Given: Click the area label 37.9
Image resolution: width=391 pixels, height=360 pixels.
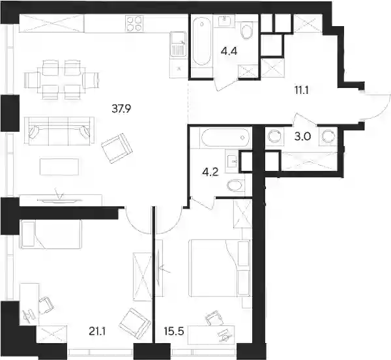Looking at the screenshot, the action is click(121, 108).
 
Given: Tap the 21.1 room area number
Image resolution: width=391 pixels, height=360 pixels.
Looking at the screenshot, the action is click(97, 331).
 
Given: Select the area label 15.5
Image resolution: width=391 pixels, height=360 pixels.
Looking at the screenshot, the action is click(174, 331).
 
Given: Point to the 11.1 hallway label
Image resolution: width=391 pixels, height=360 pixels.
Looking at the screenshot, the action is click(302, 90).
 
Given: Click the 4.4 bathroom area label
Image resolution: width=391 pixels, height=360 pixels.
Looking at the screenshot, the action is click(229, 52).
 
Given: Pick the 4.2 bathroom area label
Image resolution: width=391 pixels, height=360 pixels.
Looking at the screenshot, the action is click(210, 172).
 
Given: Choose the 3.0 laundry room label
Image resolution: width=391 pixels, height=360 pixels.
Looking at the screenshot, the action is click(302, 136).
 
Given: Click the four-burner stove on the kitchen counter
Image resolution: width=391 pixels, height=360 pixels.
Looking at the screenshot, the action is click(135, 23).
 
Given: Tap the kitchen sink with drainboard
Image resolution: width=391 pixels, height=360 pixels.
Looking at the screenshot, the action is click(179, 44).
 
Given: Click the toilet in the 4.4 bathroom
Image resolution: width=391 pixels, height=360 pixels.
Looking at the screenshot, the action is click(246, 31).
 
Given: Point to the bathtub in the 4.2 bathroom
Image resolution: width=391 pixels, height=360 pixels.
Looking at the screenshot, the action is click(225, 138).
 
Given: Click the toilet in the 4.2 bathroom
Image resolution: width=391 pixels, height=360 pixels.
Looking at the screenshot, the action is click(236, 185).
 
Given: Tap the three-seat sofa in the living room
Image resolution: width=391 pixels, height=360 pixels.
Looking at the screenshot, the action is click(59, 130).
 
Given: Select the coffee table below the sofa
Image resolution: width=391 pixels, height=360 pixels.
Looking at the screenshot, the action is click(59, 167).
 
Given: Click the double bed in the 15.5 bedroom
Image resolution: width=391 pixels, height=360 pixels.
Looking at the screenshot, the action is click(220, 268).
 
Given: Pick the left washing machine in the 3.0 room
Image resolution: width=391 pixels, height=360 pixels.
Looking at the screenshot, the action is click(274, 136).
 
